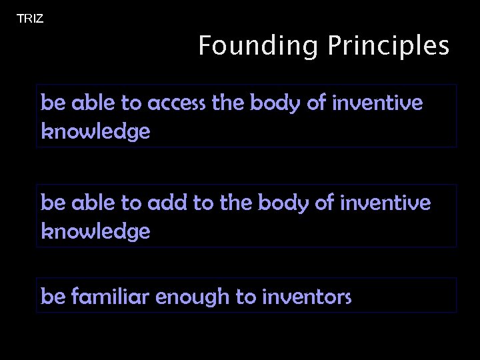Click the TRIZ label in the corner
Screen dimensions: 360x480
pos(30,19)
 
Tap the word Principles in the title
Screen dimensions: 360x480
pos(388,47)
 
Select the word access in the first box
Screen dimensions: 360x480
pos(176,103)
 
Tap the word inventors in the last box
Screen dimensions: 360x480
pos(307,297)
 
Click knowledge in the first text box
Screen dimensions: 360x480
pos(95,131)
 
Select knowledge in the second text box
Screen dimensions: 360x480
pos(95,231)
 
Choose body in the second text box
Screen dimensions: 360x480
pos(285,203)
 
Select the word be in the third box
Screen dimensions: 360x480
pos(51,296)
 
